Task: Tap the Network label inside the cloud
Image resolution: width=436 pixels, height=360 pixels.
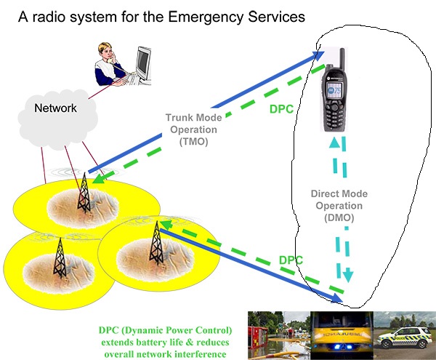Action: (x=56, y=108)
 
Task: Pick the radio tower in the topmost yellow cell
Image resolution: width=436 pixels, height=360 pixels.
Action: (x=84, y=193)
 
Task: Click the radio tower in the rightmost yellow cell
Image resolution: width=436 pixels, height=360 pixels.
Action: (x=154, y=244)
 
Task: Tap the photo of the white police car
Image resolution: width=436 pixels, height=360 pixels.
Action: (x=405, y=334)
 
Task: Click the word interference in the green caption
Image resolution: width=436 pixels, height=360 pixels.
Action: (x=195, y=353)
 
